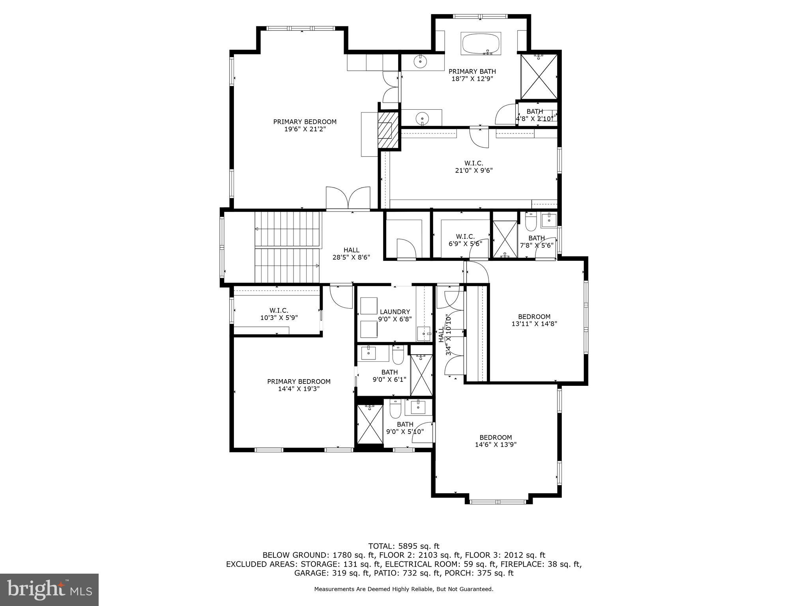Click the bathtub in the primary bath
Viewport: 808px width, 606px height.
point(481,44)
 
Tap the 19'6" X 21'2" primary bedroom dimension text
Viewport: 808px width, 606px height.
point(305,129)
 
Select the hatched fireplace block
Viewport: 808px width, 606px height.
point(388,130)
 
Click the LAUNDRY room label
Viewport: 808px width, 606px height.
point(395,312)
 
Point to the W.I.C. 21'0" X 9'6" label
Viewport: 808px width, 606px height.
point(473,167)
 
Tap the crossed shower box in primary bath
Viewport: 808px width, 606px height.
point(539,77)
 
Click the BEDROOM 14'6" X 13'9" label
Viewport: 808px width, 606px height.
point(496,441)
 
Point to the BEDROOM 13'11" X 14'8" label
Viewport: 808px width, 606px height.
point(534,320)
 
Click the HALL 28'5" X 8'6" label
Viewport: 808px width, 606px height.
point(351,253)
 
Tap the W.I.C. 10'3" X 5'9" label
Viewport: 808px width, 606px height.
point(279,314)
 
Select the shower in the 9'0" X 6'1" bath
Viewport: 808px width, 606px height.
point(421,375)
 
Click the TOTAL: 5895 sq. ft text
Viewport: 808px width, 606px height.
point(404,546)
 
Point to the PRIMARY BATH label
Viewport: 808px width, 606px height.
point(472,71)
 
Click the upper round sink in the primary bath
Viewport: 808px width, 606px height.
point(421,61)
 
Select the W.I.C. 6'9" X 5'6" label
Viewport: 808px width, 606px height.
point(465,240)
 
